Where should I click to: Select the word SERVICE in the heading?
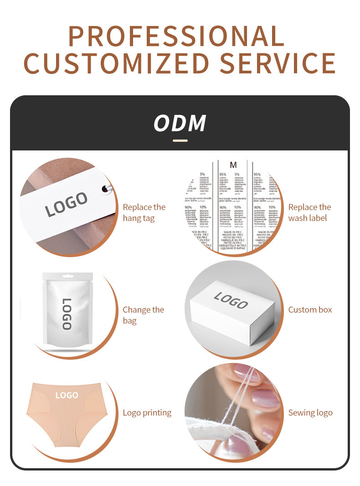tap(278, 63)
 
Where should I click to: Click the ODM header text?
tap(180, 124)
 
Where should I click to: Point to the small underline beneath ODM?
tap(180, 140)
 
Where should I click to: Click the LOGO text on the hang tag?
tap(67, 204)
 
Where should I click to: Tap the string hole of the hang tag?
tap(104, 187)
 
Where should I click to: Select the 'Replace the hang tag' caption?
tap(144, 212)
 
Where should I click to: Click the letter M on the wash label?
tap(233, 165)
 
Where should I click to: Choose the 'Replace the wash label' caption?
tap(309, 212)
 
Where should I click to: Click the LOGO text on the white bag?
tap(67, 314)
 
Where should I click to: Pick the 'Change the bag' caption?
tap(143, 315)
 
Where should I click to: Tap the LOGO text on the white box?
tap(231, 300)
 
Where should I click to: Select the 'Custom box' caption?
tap(310, 310)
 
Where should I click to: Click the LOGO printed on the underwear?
tap(67, 395)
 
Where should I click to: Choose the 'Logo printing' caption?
tap(147, 413)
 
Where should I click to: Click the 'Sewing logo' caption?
tap(310, 413)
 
